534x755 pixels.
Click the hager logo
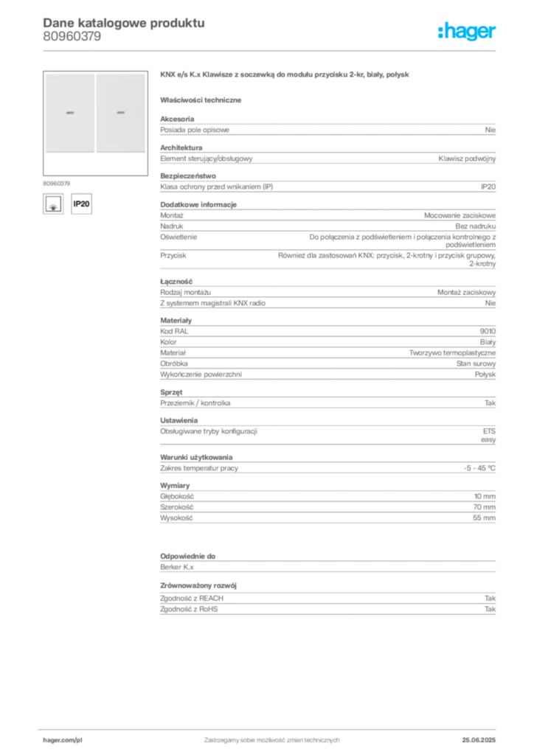point(467,31)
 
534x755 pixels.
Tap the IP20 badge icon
point(81,203)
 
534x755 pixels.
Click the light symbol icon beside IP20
point(53,203)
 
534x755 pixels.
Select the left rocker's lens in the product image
point(70,113)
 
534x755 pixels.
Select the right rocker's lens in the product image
point(121,113)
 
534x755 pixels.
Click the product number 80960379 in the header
point(72,37)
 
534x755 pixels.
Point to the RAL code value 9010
point(488,331)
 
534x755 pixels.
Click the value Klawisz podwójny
point(467,159)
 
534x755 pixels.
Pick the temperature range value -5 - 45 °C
point(479,468)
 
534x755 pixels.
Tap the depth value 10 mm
point(485,496)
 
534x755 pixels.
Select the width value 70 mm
point(485,507)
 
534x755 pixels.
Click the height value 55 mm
point(485,518)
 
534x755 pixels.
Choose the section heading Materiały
point(176,321)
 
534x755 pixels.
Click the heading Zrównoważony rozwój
point(198,585)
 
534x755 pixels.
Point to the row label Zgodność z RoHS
point(189,609)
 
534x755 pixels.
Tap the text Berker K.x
point(177,567)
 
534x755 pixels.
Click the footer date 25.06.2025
point(479,740)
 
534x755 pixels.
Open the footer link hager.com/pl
point(63,740)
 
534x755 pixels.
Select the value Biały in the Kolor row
point(488,342)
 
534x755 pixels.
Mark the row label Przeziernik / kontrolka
point(195,403)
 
